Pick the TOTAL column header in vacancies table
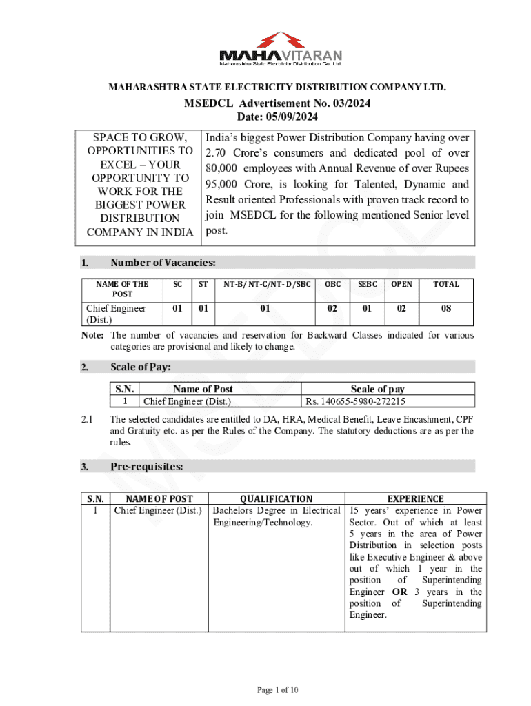tap(446, 284)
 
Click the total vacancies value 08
tap(446, 309)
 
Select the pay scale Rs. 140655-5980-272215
tap(355, 401)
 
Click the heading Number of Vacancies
tap(163, 263)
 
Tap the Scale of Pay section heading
tap(141, 367)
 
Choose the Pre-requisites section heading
tap(147, 467)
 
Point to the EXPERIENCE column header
tap(416, 498)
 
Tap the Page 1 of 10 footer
tap(277, 689)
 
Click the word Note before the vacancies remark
tap(92, 336)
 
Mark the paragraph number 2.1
tap(87, 419)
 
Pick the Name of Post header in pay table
tap(203, 389)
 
